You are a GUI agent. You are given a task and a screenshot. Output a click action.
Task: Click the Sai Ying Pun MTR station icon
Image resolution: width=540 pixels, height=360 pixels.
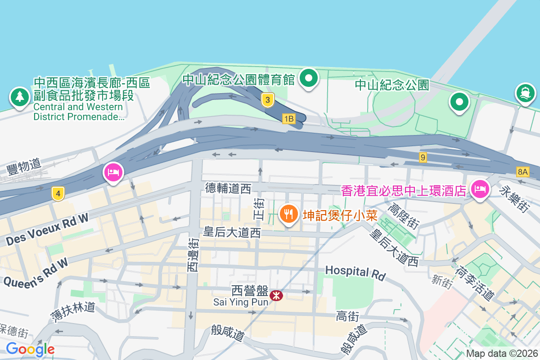(x=276, y=295)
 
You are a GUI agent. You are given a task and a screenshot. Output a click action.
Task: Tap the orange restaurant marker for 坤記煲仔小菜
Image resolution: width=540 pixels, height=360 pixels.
(x=288, y=213)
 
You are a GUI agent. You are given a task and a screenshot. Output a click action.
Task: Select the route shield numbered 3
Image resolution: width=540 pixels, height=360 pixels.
(x=267, y=101)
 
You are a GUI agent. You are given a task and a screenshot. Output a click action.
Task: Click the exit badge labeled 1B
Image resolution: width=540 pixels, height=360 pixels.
(x=288, y=119)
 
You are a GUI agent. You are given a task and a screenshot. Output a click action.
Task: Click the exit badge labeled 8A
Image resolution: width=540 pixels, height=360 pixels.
(x=522, y=171)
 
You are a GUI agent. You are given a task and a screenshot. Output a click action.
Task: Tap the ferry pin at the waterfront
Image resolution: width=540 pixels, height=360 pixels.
(x=525, y=93)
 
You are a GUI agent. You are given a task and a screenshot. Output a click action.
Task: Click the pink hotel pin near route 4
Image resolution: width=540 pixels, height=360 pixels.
(x=113, y=172)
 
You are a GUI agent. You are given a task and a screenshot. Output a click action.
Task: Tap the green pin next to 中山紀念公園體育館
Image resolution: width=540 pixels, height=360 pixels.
(x=309, y=78)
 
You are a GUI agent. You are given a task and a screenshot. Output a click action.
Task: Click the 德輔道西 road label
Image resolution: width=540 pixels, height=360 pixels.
(x=228, y=188)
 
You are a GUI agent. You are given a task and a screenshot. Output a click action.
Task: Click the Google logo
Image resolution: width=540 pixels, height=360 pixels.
(x=30, y=349)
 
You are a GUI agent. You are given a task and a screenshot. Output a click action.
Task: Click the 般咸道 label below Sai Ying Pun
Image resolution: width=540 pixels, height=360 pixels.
(x=228, y=333)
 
